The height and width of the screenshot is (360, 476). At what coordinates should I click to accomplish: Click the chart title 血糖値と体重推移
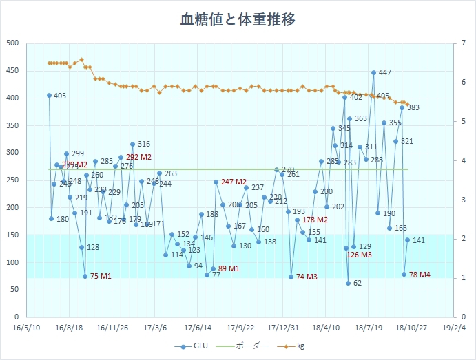(x=238, y=19)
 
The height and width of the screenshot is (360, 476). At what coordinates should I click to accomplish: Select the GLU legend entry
(x=196, y=346)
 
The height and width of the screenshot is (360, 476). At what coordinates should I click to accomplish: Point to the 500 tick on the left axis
(x=12, y=43)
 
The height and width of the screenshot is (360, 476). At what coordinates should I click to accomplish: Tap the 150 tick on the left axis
(x=12, y=235)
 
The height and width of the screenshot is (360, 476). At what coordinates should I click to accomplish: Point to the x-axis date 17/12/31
(x=283, y=328)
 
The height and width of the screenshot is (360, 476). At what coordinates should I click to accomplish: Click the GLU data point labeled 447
(x=374, y=72)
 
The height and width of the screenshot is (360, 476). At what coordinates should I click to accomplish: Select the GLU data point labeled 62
(x=349, y=283)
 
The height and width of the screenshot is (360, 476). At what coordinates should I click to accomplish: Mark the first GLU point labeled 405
(x=49, y=96)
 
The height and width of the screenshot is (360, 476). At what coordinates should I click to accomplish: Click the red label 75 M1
(x=101, y=277)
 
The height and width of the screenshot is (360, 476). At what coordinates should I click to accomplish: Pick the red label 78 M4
(x=420, y=275)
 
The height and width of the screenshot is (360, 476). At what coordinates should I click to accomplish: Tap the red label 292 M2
(x=138, y=157)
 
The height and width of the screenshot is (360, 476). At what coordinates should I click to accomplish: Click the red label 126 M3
(x=359, y=255)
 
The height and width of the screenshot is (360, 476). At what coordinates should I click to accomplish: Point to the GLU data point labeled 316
(x=132, y=145)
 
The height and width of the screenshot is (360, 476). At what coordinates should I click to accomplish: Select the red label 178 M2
(x=315, y=220)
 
